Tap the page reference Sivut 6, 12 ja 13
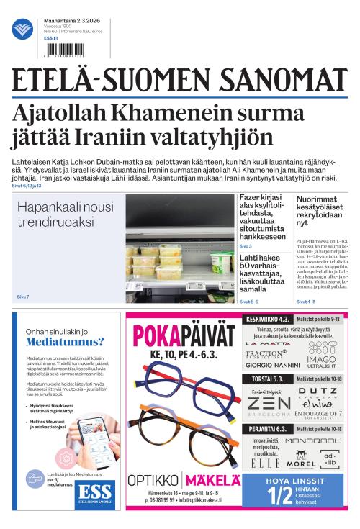[27, 186]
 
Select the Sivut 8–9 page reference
[249, 302]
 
